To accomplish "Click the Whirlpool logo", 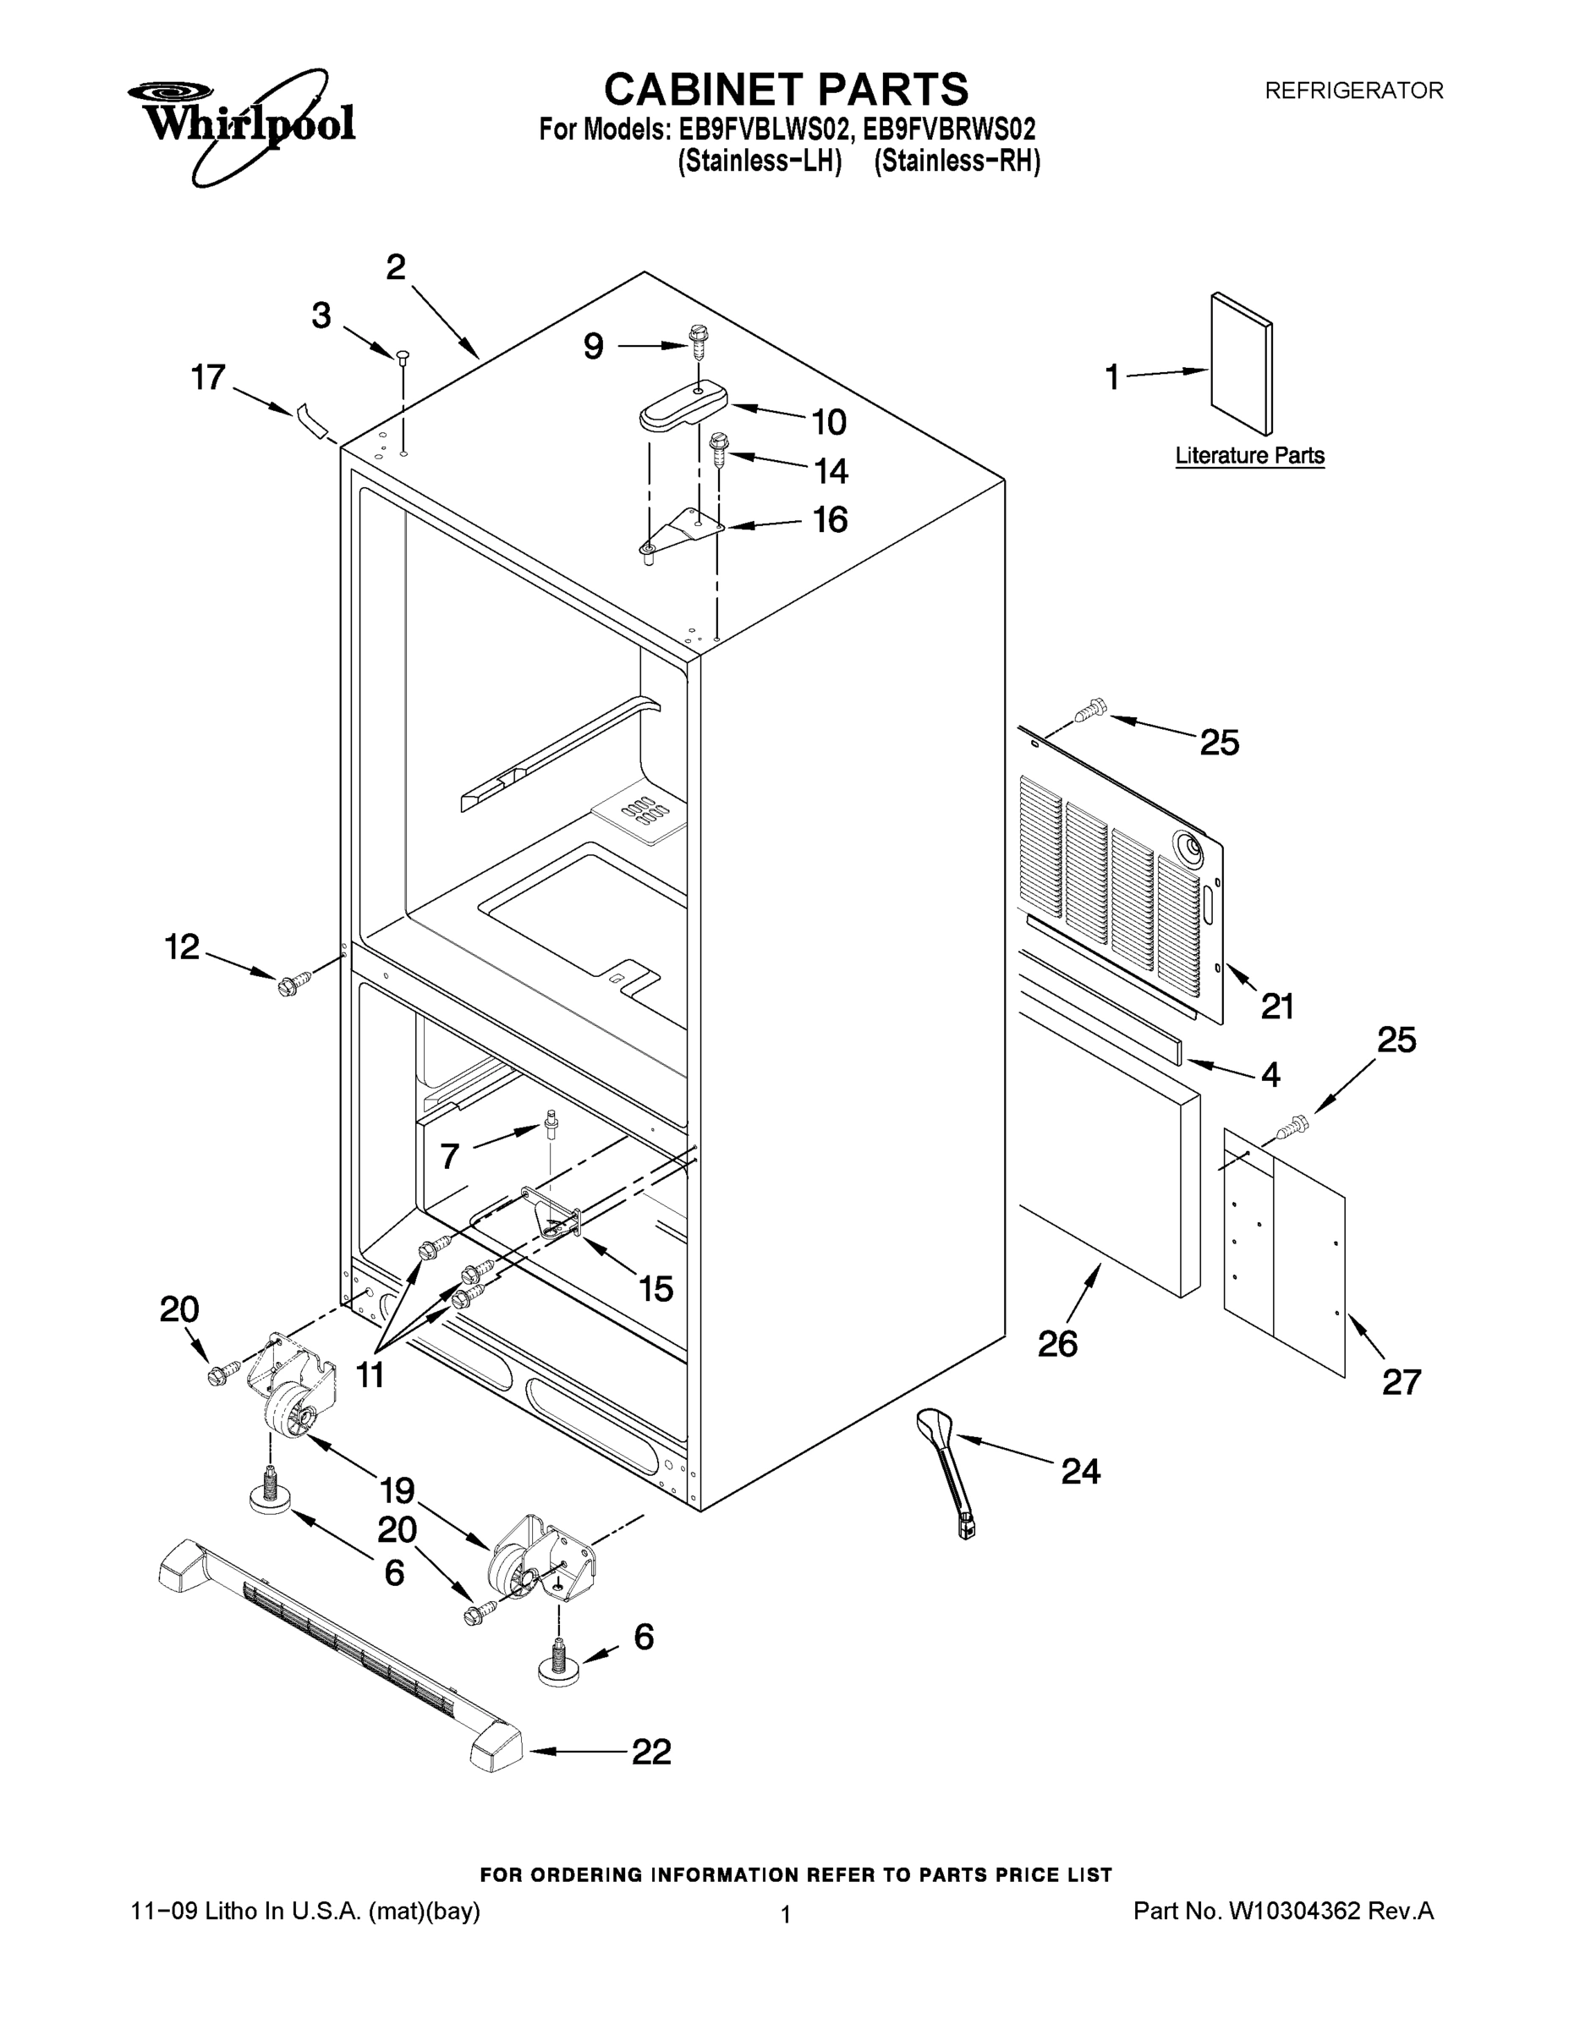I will tap(242, 123).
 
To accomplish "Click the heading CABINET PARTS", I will tap(786, 91).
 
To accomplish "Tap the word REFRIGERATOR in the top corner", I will tap(1353, 91).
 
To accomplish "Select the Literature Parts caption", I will tap(1249, 455).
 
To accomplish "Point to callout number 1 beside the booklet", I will tap(1111, 377).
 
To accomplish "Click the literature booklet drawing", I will tap(1242, 363).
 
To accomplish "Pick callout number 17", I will tap(208, 377).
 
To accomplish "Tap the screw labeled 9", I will tap(697, 342).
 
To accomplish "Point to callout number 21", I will tap(1277, 1006).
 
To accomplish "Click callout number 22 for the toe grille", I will tap(650, 1752).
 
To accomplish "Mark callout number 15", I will tap(656, 1288).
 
